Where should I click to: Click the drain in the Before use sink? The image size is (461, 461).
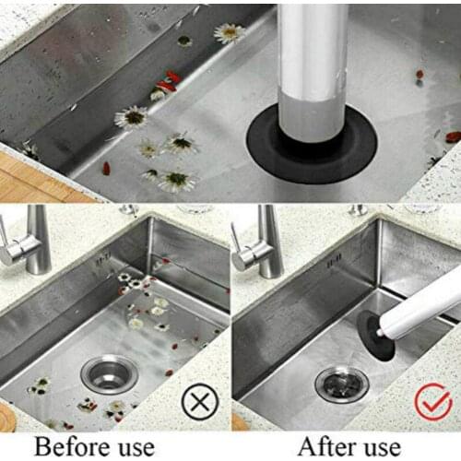click(x=110, y=373)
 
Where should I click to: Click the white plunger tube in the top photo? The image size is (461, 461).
click(x=313, y=65)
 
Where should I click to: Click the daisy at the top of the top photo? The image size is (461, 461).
click(x=229, y=33)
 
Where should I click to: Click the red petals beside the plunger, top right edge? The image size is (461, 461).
click(x=451, y=136)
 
